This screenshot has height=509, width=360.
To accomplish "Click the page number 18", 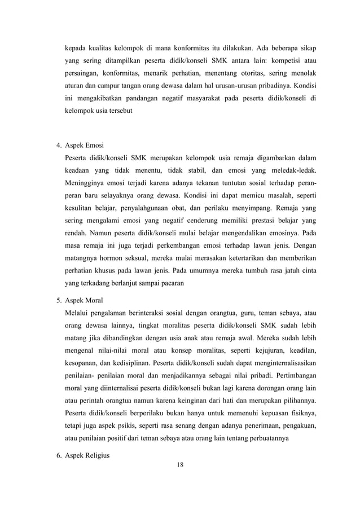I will (x=180, y=464).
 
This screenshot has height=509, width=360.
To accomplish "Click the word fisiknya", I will (x=300, y=415).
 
